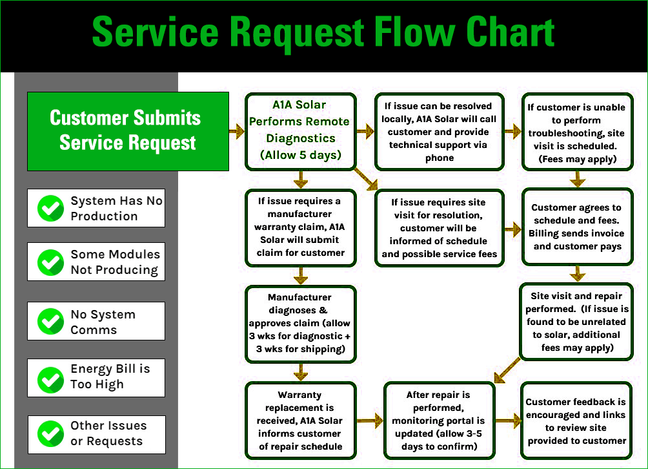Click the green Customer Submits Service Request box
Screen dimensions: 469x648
[x=128, y=130]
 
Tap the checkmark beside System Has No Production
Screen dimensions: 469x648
[x=50, y=208]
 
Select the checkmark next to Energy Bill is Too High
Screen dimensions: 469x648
[x=50, y=377]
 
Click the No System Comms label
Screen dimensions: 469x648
[x=103, y=322]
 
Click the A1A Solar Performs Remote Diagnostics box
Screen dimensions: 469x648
[x=300, y=130]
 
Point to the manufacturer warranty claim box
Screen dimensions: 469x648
[x=300, y=227]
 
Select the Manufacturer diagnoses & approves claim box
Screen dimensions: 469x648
[x=300, y=323]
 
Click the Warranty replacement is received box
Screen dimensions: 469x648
[x=300, y=421]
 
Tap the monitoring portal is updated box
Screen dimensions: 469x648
[x=439, y=421]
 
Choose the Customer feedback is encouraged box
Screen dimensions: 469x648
[x=576, y=421]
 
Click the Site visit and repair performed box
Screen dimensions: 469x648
[x=576, y=322]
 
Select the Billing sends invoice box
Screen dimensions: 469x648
[x=576, y=227]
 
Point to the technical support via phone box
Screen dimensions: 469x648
[x=439, y=131]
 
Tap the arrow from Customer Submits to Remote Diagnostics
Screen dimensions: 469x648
[x=236, y=130]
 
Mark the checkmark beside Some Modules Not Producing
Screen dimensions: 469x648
[x=50, y=262]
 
